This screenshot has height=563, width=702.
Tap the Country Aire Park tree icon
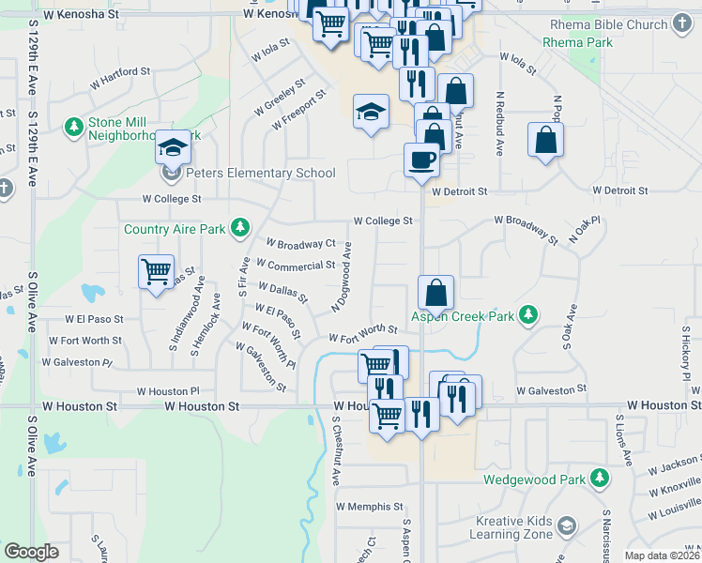tap(241, 227)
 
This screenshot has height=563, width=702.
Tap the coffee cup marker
tap(421, 160)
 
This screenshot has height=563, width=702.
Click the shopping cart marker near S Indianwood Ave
tap(156, 272)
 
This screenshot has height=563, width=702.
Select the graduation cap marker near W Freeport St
tap(372, 112)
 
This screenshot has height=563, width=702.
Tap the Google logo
tap(31, 552)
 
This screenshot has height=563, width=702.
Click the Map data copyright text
tap(661, 555)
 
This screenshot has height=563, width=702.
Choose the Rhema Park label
tap(578, 42)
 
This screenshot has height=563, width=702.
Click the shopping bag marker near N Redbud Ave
tap(545, 141)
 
